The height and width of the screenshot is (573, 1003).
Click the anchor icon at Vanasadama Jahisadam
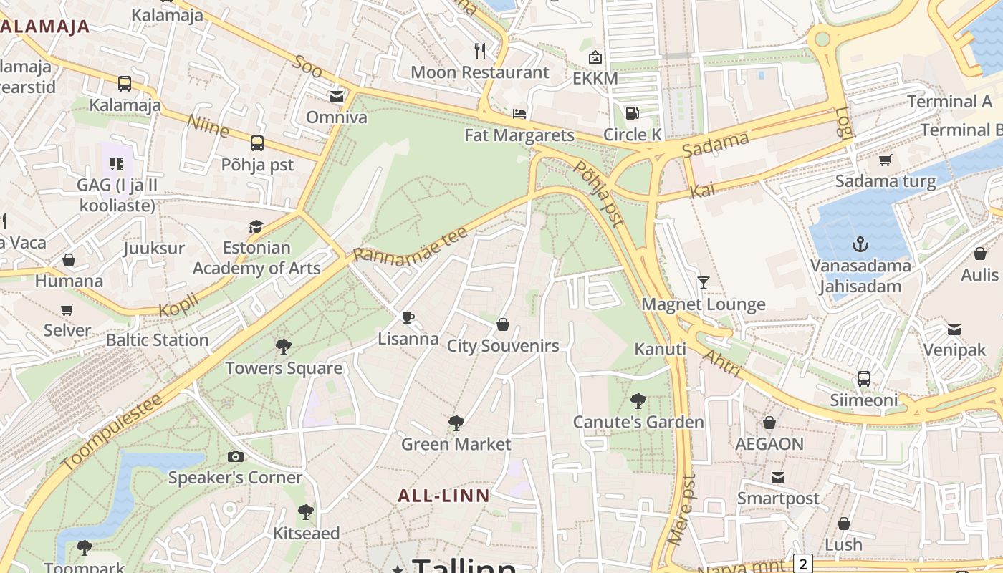(x=860, y=245)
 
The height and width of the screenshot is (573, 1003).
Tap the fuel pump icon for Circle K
(x=632, y=113)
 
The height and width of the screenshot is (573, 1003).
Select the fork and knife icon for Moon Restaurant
(x=480, y=51)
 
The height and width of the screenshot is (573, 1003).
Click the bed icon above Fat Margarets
(x=519, y=114)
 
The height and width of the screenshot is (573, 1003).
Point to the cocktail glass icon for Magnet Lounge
(x=703, y=283)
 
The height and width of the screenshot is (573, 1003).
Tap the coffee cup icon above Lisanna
(x=408, y=317)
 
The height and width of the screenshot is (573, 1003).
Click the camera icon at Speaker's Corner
(x=235, y=456)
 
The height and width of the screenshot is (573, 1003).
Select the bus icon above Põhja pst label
(x=257, y=143)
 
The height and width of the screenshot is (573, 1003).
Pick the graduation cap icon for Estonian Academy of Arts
(x=256, y=227)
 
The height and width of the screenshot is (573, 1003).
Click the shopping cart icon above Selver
(x=67, y=309)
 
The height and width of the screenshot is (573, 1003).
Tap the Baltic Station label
(x=157, y=340)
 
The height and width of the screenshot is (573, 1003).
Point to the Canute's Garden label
(x=638, y=422)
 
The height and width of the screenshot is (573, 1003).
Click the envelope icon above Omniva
(x=336, y=96)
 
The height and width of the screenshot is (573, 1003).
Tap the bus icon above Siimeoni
(x=864, y=378)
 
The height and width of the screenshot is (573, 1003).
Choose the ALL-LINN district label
(x=443, y=496)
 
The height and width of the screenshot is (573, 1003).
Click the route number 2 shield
(x=803, y=564)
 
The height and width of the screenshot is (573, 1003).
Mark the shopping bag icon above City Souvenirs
(x=503, y=325)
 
